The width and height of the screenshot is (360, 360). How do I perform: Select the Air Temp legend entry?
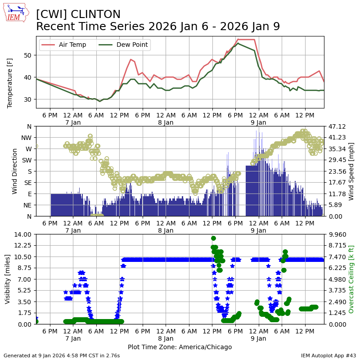click(72, 45)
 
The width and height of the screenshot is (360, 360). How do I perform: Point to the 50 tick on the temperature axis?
click(29, 55)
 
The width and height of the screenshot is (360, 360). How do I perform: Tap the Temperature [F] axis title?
click(10, 82)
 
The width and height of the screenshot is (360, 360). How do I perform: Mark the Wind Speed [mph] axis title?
click(351, 171)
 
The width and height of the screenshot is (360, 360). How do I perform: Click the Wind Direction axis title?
click(15, 171)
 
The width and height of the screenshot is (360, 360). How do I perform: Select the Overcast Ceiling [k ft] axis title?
click(351, 279)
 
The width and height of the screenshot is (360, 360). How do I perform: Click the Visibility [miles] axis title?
click(8, 279)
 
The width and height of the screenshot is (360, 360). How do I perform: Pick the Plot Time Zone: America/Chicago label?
click(180, 347)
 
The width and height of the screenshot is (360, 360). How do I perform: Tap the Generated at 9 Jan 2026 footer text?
click(62, 355)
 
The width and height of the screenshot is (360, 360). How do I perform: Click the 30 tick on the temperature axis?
click(29, 99)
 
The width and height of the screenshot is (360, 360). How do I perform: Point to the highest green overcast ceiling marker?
click(213, 238)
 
